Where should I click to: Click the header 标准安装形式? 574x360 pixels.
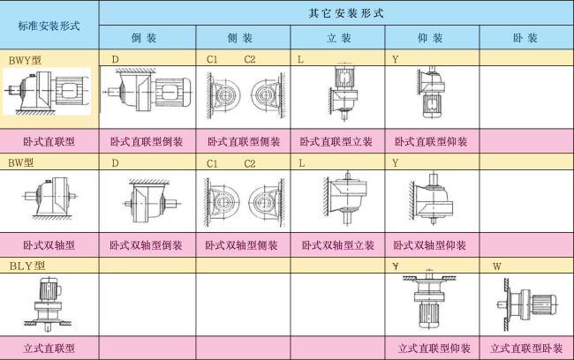49,26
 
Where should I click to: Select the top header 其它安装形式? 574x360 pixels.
346,13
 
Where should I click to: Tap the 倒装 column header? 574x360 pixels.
144,38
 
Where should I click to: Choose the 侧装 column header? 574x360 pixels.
240,38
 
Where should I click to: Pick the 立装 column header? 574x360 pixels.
338,38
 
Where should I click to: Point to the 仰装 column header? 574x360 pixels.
430,38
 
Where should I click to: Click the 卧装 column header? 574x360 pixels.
525,38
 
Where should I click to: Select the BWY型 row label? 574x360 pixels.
25,60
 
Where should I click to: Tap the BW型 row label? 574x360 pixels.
21,163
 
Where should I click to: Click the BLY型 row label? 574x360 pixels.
27,266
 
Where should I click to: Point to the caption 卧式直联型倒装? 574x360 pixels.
147,141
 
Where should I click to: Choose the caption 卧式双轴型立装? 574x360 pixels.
337,245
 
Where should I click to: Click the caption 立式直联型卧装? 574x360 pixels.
526,349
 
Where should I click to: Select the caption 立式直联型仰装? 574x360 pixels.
434,349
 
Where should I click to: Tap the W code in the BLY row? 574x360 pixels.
497,266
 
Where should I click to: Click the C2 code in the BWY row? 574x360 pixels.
250,60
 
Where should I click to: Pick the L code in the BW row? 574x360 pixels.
302,163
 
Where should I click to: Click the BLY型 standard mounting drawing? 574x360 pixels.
48,304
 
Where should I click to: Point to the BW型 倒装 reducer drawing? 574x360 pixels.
149,201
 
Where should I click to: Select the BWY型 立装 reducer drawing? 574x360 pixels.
343,92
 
